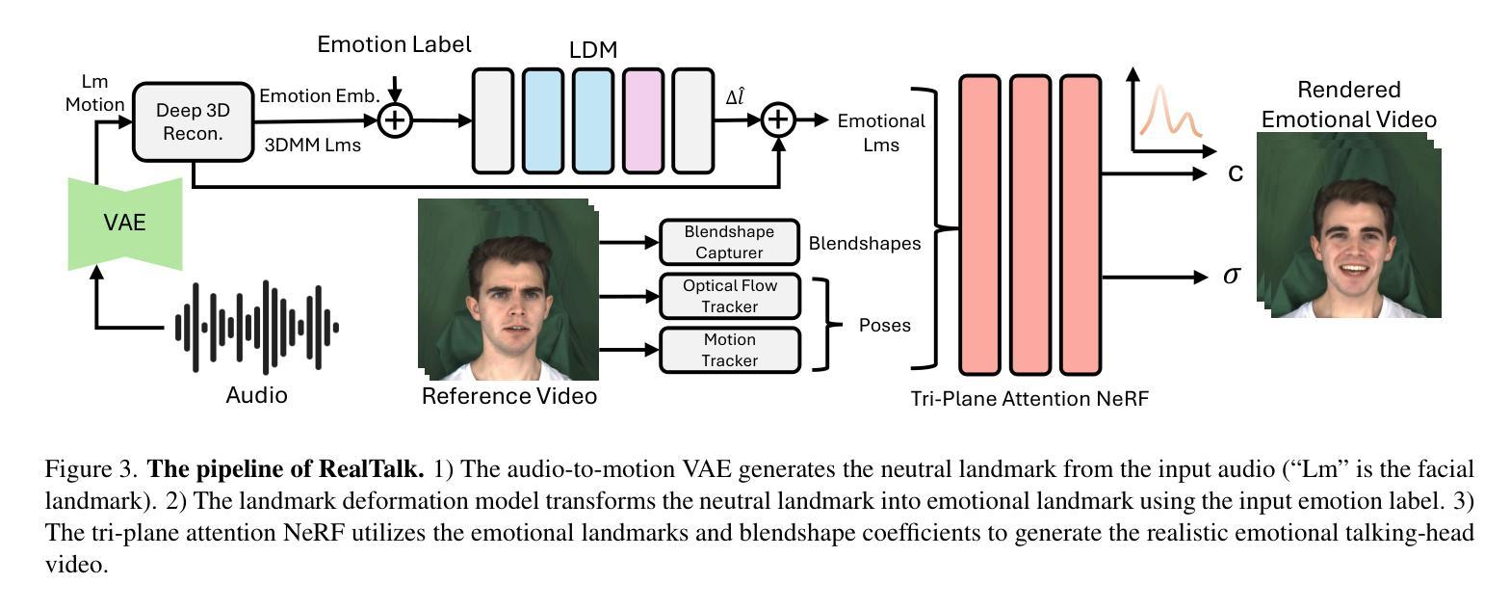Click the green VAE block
(x=125, y=224)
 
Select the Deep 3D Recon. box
(x=194, y=122)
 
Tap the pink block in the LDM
(x=643, y=120)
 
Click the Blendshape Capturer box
(x=729, y=242)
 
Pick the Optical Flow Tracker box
(x=729, y=296)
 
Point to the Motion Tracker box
(x=729, y=350)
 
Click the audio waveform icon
(x=257, y=328)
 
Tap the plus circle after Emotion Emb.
(x=395, y=120)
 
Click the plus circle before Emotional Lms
(x=778, y=120)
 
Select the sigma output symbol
(x=1232, y=276)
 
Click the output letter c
(x=1235, y=173)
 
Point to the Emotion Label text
(x=394, y=44)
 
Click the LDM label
(x=593, y=50)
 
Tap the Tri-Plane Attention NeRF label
(x=1029, y=399)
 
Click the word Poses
(x=884, y=326)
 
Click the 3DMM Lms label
(x=312, y=146)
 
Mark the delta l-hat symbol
(x=735, y=96)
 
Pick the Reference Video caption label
(x=508, y=396)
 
